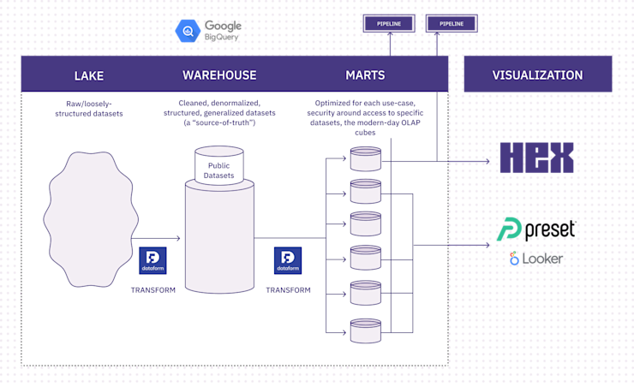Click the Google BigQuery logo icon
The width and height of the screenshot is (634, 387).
click(187, 32)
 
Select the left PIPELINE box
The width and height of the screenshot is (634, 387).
click(390, 24)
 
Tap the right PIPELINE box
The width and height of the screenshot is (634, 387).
click(452, 24)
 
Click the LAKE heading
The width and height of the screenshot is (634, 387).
click(88, 75)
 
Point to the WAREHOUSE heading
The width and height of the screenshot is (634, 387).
click(219, 75)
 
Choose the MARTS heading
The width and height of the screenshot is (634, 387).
click(364, 75)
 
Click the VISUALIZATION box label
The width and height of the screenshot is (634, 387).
click(537, 75)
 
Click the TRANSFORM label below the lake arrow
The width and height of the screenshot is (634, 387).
click(153, 290)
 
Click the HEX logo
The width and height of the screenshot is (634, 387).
click(536, 158)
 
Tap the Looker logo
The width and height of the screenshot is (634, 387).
click(536, 259)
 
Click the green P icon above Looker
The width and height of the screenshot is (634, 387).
click(511, 229)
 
